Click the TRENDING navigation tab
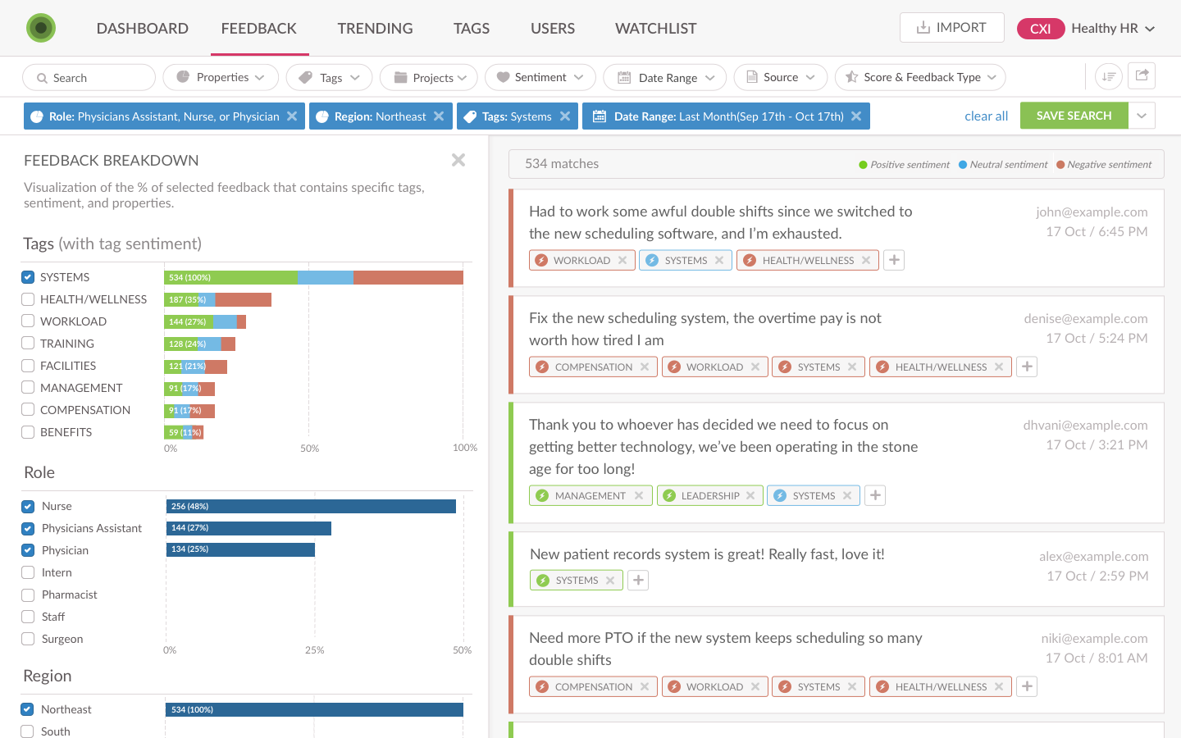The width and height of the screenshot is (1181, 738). [x=375, y=29]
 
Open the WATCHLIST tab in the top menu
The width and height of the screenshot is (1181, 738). [x=655, y=29]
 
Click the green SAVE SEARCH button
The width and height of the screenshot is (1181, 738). [x=1074, y=116]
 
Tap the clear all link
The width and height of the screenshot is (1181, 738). [x=986, y=116]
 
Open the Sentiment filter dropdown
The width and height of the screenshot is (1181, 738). [x=540, y=77]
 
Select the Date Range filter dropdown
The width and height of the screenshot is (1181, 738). [x=664, y=78]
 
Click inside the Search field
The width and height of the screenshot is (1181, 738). [x=89, y=78]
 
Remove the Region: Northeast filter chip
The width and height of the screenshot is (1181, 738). [x=439, y=116]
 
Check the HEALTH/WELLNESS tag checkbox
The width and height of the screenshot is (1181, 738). [x=28, y=299]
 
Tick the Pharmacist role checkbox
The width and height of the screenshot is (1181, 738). [x=28, y=594]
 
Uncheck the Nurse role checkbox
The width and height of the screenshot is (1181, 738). [x=28, y=507]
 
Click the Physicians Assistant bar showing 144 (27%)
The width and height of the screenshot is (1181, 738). [x=249, y=528]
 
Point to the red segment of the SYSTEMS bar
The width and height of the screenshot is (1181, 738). [x=408, y=278]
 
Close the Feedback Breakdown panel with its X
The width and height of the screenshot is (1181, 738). [x=458, y=160]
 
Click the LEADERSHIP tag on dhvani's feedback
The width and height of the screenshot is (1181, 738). [x=709, y=496]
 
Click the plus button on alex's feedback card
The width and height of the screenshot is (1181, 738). [x=638, y=581]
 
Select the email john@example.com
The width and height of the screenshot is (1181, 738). [x=1091, y=212]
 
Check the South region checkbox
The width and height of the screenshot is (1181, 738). [x=28, y=731]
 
